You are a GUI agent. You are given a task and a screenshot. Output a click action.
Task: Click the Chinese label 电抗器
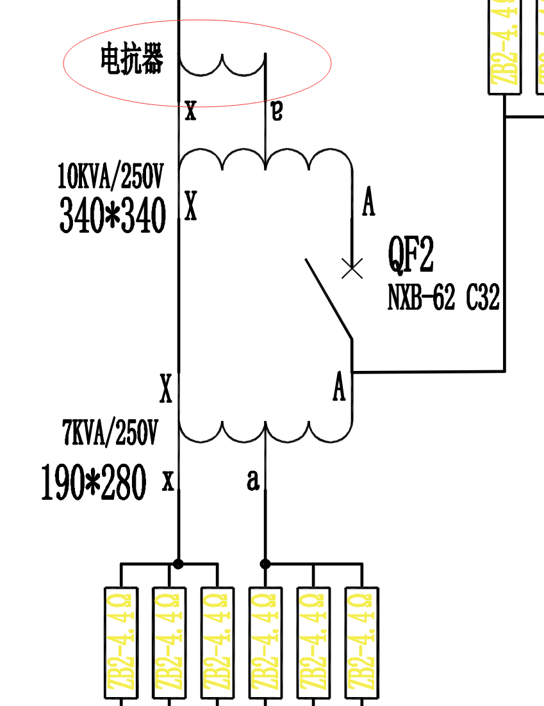coord(132,60)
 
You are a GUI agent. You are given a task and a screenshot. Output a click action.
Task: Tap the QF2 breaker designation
coord(411,255)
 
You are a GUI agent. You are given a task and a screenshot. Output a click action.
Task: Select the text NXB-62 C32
coord(443,297)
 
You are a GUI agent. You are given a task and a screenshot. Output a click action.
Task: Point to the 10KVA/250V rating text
coord(111,176)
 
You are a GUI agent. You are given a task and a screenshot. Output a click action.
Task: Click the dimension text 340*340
coord(113,215)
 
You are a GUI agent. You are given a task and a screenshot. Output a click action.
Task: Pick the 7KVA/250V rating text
coord(110,432)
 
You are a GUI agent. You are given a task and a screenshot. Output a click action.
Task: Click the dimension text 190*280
coord(94,482)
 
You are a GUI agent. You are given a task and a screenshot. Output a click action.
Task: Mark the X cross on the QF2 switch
coord(352,268)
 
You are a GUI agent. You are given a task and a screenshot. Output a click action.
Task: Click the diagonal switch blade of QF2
coord(328,298)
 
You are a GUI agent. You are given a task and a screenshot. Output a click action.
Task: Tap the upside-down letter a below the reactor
coord(276,110)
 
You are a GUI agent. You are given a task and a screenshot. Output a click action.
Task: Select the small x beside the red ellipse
coord(190,111)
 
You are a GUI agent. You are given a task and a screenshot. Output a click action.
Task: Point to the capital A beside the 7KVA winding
coord(339,387)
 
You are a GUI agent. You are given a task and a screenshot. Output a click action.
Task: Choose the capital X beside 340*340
coord(190,206)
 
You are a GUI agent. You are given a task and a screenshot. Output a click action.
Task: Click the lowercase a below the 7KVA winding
coord(254,479)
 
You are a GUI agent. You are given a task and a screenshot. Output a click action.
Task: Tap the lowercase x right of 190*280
coord(168,480)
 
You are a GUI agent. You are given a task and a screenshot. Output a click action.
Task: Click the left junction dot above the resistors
coord(178,564)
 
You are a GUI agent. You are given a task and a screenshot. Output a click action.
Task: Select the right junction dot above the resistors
coord(265,564)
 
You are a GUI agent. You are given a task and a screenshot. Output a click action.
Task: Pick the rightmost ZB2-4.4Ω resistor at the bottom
coord(362,643)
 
